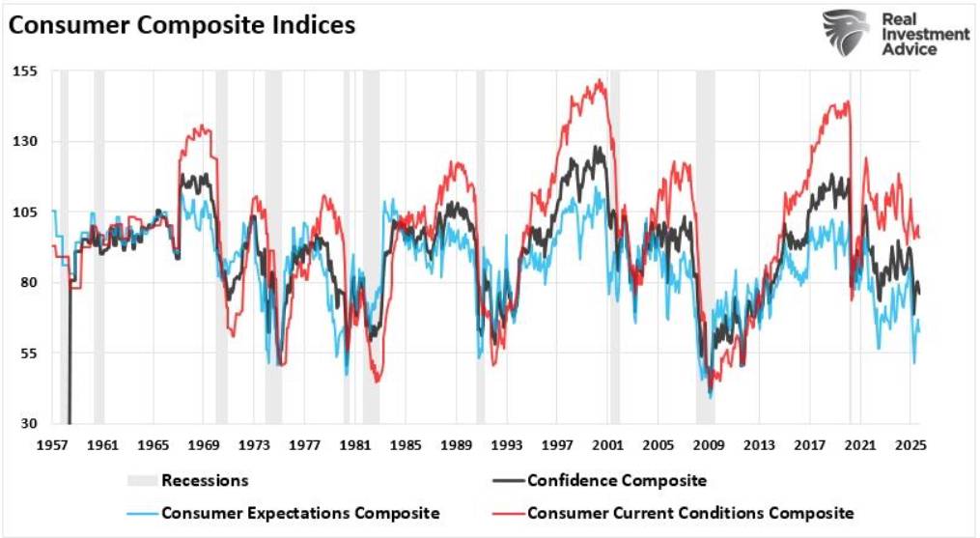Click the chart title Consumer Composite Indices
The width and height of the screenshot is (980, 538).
(x=182, y=25)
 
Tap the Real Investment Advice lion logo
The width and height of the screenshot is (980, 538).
(x=847, y=33)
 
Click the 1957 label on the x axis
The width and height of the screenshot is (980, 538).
(x=52, y=445)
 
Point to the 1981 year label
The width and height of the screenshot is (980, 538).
(x=354, y=445)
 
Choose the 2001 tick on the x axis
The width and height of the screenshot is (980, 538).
(x=606, y=445)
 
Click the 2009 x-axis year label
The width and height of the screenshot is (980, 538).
(x=708, y=445)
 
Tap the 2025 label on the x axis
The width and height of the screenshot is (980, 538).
(x=909, y=445)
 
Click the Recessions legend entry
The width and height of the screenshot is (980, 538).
(x=205, y=480)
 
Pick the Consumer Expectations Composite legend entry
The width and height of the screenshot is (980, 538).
(x=300, y=512)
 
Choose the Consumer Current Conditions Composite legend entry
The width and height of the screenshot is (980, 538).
(x=690, y=512)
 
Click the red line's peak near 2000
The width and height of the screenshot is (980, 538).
(x=602, y=81)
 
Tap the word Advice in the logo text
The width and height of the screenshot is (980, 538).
(x=910, y=49)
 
